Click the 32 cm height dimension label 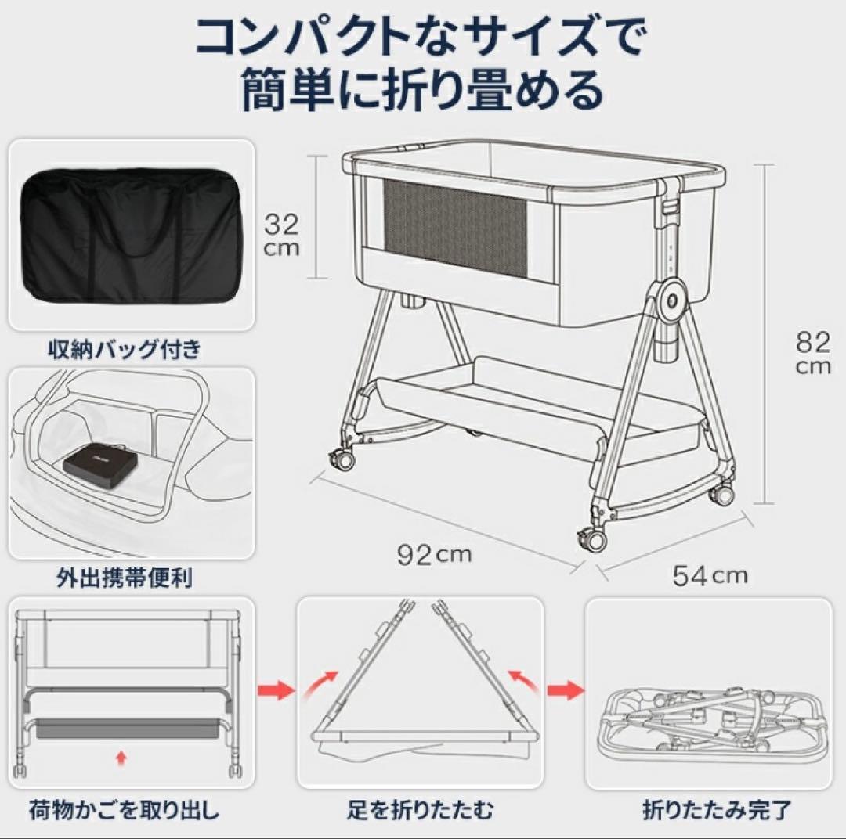click(x=280, y=235)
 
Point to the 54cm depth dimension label click(x=710, y=576)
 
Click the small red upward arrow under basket click(x=119, y=757)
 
